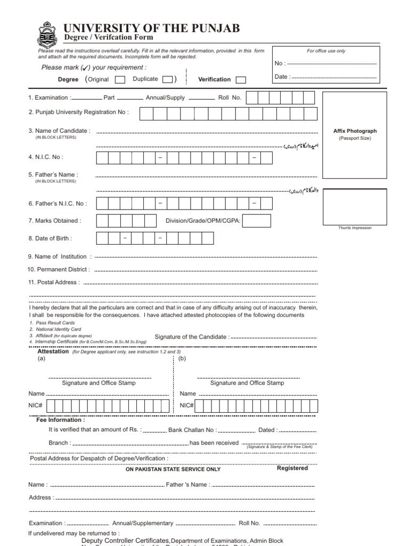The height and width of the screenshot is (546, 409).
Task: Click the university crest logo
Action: tap(46, 35)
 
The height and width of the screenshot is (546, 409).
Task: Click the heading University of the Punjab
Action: tap(152, 28)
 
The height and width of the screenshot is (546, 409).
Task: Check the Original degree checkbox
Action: tap(120, 79)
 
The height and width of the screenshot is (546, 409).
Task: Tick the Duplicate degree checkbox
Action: tap(167, 79)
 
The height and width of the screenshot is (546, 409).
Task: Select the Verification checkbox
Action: tap(241, 79)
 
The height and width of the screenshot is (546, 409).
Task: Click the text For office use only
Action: tap(326, 51)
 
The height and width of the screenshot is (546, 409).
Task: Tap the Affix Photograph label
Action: tap(355, 131)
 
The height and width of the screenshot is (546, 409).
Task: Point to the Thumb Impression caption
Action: tap(355, 228)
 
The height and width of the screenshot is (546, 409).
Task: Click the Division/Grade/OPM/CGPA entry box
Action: tap(257, 221)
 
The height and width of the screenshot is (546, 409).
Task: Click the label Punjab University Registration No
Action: tap(79, 113)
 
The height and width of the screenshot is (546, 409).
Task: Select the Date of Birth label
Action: tap(50, 238)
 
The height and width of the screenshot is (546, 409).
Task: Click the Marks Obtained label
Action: tap(54, 220)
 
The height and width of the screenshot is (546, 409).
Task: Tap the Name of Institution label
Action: tap(60, 256)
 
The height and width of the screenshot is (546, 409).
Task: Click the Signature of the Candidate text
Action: tap(192, 336)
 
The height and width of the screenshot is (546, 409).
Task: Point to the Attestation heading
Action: tap(53, 351)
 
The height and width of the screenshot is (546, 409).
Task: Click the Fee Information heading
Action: tap(60, 420)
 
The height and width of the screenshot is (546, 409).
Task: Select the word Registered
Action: tap(292, 468)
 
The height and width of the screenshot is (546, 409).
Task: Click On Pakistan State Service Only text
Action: tap(173, 469)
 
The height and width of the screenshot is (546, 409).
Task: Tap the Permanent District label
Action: tap(59, 269)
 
